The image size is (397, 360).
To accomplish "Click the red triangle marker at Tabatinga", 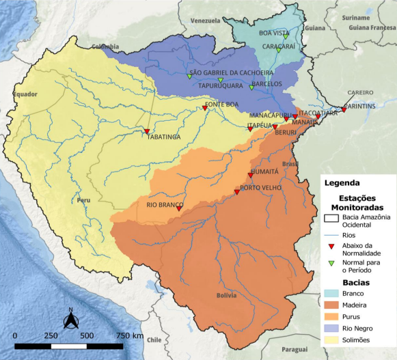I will click(x=146, y=131).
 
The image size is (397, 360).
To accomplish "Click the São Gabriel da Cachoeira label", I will click(x=231, y=72).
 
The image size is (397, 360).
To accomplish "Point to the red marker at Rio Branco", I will click(x=179, y=209).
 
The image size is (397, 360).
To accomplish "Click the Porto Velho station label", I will click(x=257, y=188).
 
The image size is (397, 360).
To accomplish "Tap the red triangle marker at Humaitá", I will click(x=251, y=176).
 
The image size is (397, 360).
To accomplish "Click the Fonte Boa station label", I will click(x=221, y=105).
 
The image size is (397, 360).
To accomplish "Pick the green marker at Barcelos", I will click(x=251, y=87).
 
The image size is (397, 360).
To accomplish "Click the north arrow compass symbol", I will click(x=69, y=318).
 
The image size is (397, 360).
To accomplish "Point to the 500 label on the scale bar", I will click(x=87, y=336).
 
